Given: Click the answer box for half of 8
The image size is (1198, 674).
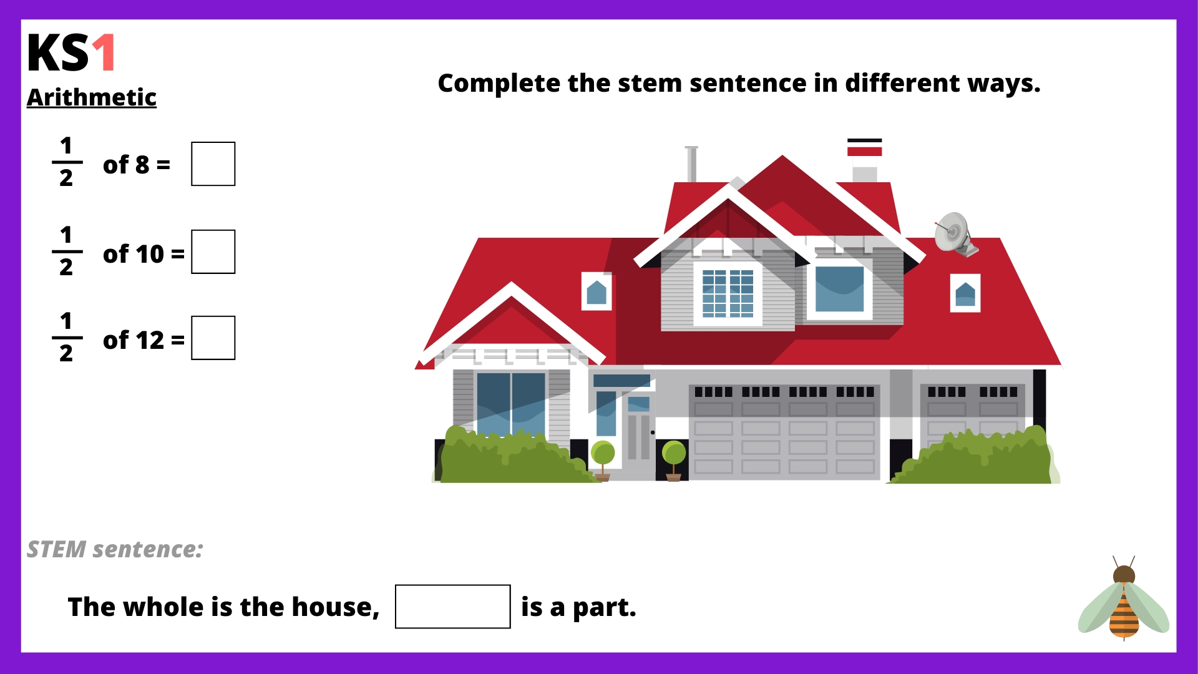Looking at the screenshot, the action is pos(213,164).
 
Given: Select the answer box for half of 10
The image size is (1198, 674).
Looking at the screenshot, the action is pos(213,252).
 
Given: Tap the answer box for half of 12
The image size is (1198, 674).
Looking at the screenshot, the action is pos(213,338).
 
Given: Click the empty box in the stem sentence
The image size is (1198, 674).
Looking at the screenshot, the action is pos(453,607).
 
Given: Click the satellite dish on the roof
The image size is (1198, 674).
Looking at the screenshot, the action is pos(955,233).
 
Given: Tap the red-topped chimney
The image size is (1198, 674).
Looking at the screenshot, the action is pos(864,160).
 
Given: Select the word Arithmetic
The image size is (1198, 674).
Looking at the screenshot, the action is pos(92,97).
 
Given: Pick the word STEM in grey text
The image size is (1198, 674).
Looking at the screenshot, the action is pos(56,549).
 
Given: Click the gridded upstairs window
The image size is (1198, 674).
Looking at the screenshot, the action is pos(728,293).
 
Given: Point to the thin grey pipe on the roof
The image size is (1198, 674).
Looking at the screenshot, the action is pos(691,164).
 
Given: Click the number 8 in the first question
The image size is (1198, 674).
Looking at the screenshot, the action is pos(142,165).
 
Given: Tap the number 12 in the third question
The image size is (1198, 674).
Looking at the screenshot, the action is pos(150,340).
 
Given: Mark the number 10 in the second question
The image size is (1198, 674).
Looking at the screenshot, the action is pos(150,254).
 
